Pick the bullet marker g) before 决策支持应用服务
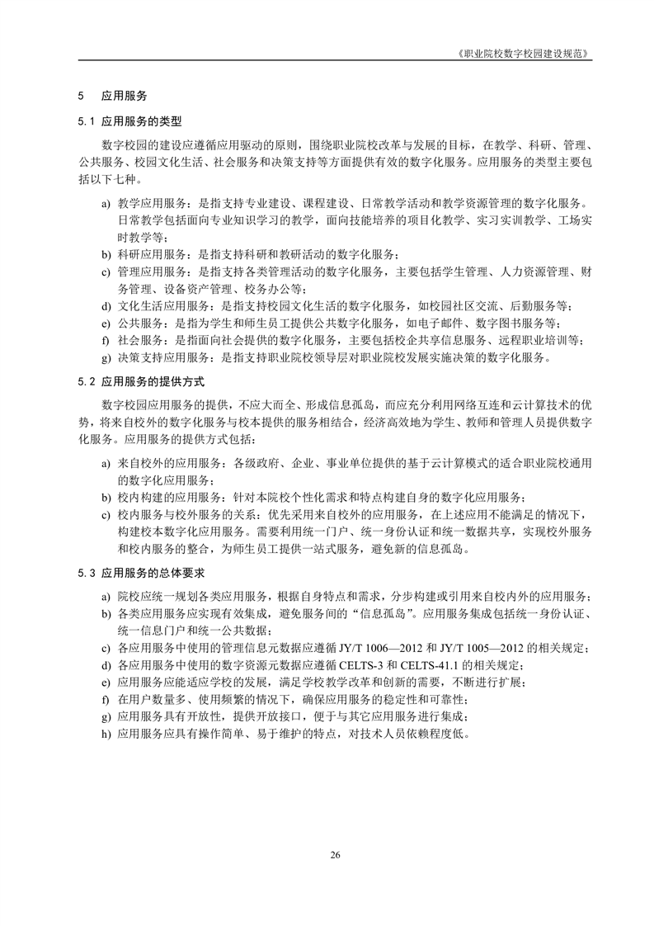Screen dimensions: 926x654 point(106,357)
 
